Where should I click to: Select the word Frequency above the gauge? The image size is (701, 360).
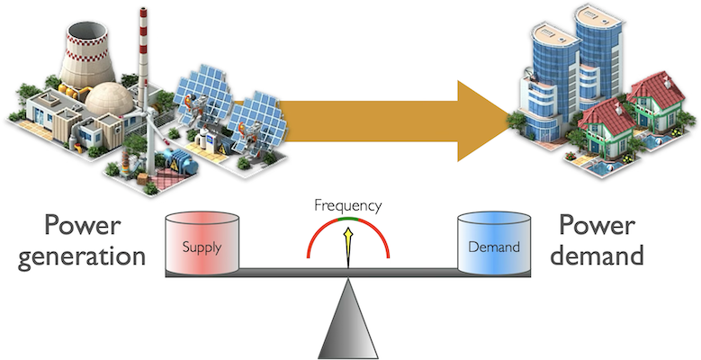[x=347, y=205]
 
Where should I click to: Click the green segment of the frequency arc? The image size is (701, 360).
[x=348, y=220]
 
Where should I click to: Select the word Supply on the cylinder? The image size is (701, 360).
[x=202, y=247]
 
